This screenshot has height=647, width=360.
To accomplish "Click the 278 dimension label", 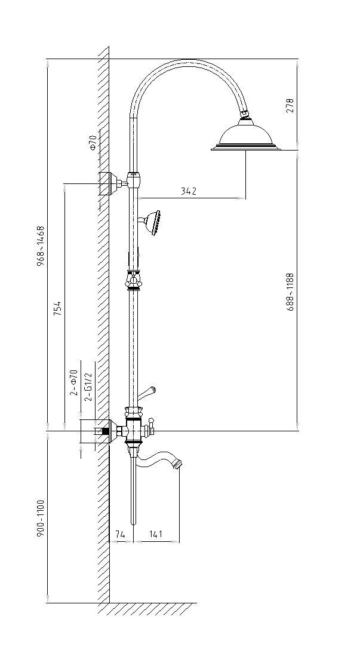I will tap(290, 106).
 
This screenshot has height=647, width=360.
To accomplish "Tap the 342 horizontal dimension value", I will tap(188, 192).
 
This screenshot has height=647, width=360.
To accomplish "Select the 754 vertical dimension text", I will tap(57, 306).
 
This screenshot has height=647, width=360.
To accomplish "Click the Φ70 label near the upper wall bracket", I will tap(93, 143).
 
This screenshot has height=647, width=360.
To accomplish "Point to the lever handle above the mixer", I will tap(146, 393).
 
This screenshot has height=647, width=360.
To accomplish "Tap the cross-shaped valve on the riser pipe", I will tap(134, 280).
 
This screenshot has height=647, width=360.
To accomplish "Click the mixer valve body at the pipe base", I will tap(134, 428).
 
